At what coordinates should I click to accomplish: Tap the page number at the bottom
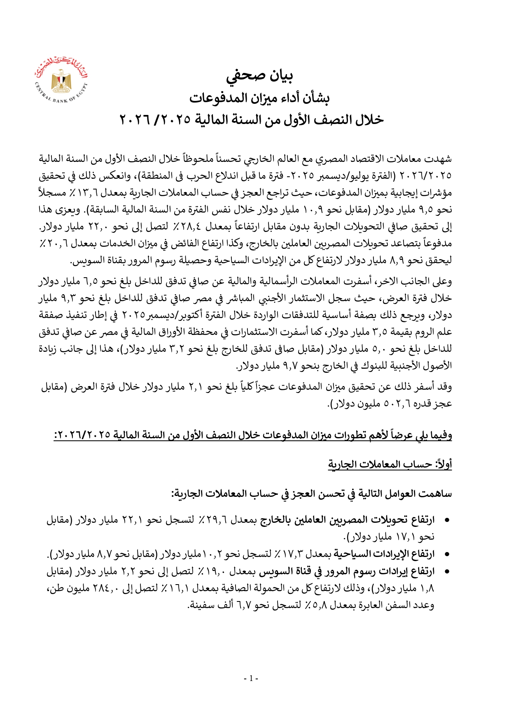[x=251, y=678]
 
